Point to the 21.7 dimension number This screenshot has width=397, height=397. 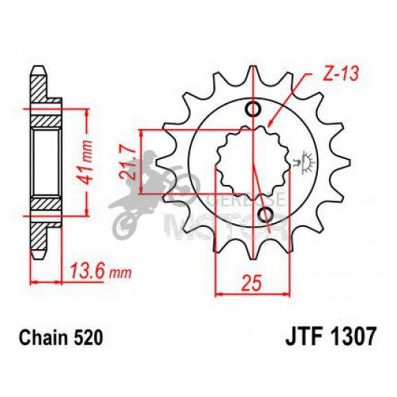point(130,162)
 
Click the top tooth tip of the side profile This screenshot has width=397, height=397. point(39,69)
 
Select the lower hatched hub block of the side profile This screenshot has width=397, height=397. point(46,203)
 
